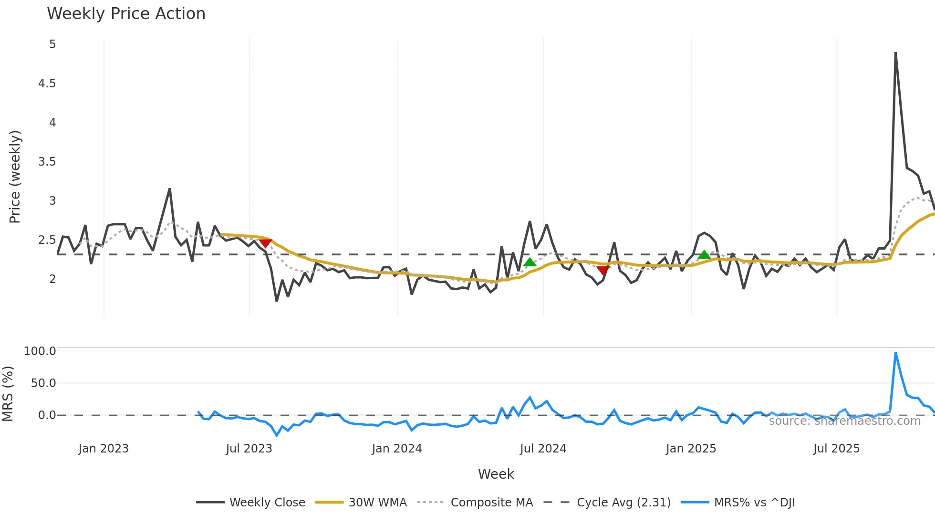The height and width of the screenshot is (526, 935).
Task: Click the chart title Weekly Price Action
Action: [x=126, y=14]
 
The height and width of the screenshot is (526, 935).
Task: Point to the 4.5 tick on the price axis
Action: [x=47, y=84]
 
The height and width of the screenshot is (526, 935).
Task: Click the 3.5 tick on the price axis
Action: [x=47, y=162]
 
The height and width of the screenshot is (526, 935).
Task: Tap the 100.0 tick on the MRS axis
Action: [x=40, y=351]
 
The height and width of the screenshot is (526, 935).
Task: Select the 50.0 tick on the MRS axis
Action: [x=43, y=383]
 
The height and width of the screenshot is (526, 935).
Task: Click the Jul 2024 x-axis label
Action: [x=543, y=449]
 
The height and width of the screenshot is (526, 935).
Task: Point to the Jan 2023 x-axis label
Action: [x=104, y=449]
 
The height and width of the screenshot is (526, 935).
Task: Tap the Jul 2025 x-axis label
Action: [x=836, y=449]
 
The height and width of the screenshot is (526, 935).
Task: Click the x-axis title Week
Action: [x=496, y=474]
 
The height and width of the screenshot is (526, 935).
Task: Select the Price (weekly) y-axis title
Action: [x=15, y=177]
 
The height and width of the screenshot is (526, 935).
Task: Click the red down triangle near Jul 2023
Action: [x=265, y=243]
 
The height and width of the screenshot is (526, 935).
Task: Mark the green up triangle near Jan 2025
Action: [x=704, y=255]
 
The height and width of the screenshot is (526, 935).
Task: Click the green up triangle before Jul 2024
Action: [x=530, y=262]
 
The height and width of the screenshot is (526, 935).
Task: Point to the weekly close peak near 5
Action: [x=895, y=53]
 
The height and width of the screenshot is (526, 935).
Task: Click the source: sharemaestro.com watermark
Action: [x=844, y=421]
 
